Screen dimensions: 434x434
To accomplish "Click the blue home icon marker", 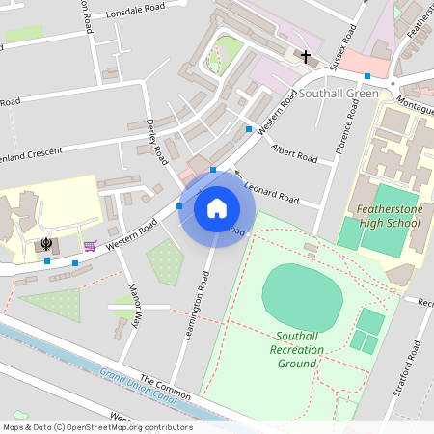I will (217, 208).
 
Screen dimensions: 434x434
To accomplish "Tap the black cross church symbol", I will (307, 58).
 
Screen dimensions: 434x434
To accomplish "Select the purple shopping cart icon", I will (90, 245).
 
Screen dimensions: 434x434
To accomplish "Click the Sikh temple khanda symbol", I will (45, 244).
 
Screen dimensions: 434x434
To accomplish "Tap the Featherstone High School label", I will (388, 215).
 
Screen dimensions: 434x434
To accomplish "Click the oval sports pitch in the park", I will (303, 295).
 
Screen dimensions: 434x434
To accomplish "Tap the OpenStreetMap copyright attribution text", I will (96, 427).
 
